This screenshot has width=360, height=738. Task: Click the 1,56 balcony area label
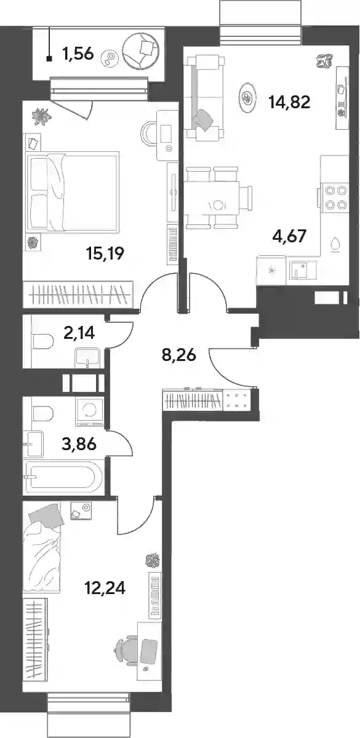point(78,54)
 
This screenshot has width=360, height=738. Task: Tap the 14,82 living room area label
point(289,102)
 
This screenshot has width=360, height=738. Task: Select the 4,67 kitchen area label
point(289,236)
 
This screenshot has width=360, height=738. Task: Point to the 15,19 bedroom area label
point(105,253)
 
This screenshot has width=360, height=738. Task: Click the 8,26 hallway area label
point(179,355)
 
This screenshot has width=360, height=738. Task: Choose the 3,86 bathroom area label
point(79,444)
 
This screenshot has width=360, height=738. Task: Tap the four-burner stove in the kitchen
point(335,197)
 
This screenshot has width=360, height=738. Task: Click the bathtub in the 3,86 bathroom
point(63,477)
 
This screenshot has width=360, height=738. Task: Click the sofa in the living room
point(205,98)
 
